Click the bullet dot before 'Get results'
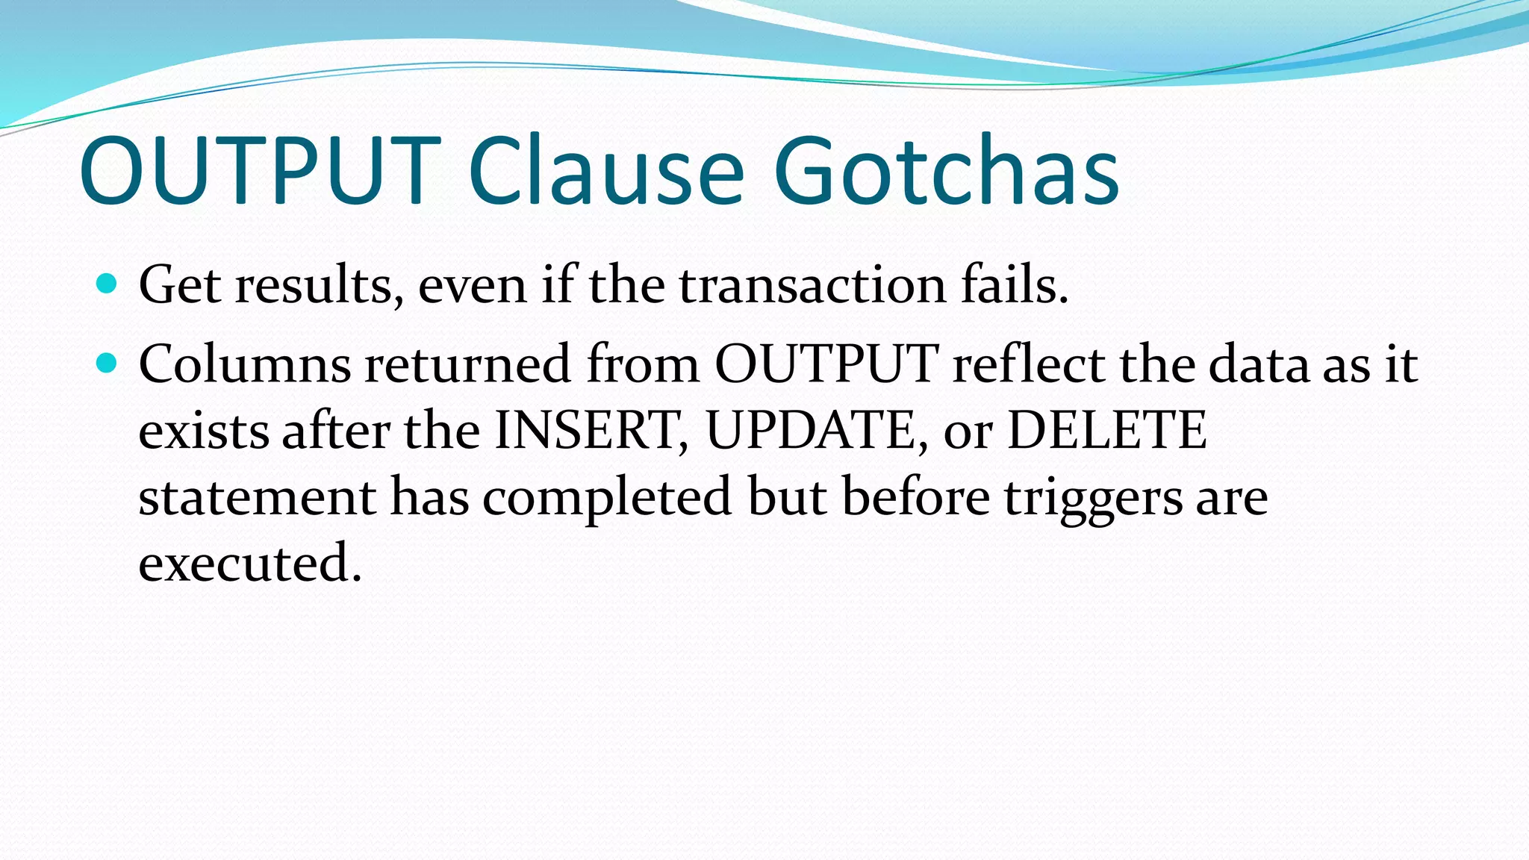point(108,284)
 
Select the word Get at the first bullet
point(179,285)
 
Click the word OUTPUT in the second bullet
point(826,364)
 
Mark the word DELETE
point(1107,431)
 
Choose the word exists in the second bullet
point(203,431)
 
